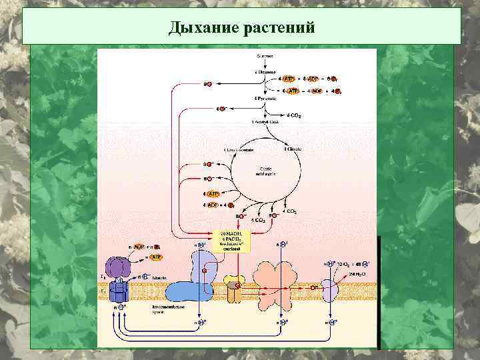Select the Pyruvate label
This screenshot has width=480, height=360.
click(265, 99)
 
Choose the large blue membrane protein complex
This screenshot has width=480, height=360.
click(193, 283)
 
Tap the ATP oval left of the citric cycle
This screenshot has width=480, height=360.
click(213, 193)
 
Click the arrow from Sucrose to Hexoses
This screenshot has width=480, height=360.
click(265, 64)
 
